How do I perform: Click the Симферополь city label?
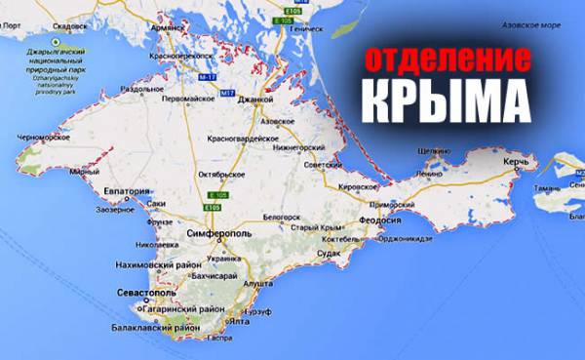(219, 235)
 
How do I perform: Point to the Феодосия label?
(383, 220)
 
